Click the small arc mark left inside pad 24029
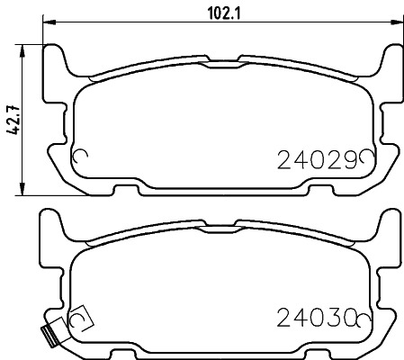pyautogui.click(x=78, y=157)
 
